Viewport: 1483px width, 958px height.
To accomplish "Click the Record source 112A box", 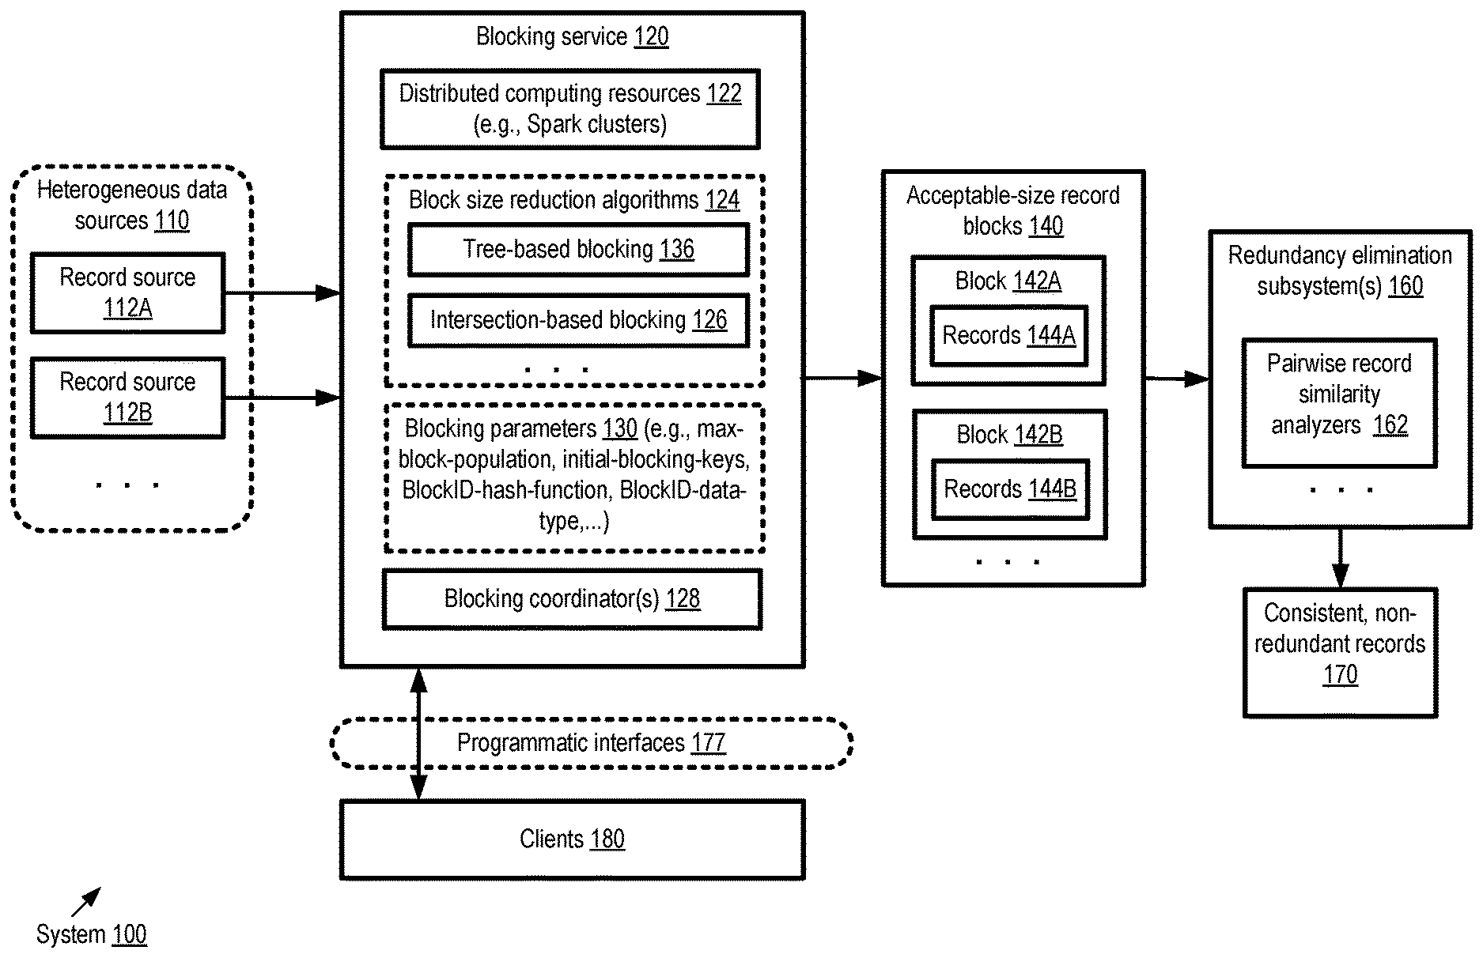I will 127,292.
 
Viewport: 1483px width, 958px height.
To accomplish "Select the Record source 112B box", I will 127,398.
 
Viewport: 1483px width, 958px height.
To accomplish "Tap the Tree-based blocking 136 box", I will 578,250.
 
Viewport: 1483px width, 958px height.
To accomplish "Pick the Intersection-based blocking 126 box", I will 578,321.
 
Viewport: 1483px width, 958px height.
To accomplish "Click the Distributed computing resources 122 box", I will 569,109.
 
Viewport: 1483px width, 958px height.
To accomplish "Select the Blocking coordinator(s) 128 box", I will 572,599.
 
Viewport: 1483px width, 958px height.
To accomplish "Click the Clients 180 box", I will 572,839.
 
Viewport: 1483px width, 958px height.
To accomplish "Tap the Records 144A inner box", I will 1008,336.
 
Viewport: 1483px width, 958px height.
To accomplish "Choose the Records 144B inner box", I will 1010,490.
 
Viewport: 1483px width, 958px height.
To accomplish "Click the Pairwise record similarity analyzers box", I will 1339,403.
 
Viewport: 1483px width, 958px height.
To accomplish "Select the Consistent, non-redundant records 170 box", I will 1340,652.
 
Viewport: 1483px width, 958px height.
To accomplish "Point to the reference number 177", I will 708,743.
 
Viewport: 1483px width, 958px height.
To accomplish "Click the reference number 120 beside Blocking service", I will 651,36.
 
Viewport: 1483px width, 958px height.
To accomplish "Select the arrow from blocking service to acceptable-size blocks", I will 843,379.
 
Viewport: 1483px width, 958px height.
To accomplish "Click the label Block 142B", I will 1009,435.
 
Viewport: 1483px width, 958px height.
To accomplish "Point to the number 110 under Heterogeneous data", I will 172,221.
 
